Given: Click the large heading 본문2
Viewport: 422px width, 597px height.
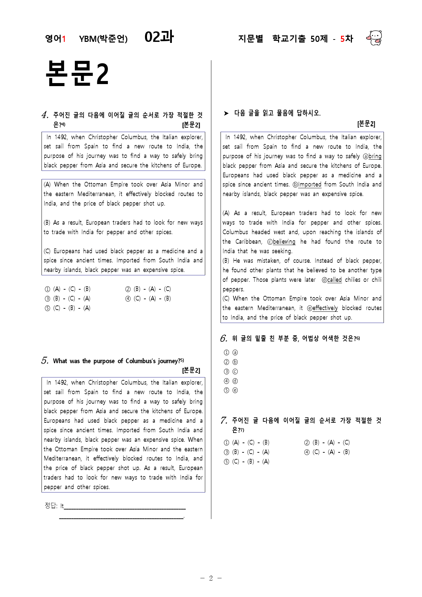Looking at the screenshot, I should coord(77,74).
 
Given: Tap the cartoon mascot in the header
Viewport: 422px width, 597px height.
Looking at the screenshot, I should coord(374,38).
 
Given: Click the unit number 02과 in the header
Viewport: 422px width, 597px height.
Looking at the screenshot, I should coord(159,37).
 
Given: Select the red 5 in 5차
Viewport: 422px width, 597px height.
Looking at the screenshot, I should coord(342,39).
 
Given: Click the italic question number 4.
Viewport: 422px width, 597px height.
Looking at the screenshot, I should coord(45,115).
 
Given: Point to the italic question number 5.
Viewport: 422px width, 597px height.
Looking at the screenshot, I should coord(45,361).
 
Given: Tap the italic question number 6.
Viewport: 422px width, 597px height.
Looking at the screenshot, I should coord(224,338).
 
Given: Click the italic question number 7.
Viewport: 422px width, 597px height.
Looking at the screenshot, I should coord(224,420).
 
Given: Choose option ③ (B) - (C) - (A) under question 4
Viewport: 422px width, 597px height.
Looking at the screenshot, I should coord(68,298).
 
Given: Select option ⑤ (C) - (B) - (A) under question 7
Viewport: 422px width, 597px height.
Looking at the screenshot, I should coord(247,462).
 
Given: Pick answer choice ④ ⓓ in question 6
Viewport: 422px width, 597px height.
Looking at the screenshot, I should coord(231,381).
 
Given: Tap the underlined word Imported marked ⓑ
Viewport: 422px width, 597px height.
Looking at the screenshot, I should coord(310,184).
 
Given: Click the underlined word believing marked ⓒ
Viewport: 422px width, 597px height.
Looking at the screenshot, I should coord(284,242).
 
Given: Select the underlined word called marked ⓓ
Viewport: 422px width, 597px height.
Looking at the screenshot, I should coord(334,280).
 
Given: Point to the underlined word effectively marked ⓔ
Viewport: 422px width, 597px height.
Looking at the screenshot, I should coord(325,308).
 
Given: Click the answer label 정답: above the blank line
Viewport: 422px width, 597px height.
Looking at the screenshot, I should coord(51,505).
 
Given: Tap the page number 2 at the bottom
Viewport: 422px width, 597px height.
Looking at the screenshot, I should coord(211,578).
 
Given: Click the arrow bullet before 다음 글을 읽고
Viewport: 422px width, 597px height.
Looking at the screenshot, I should coord(226,113).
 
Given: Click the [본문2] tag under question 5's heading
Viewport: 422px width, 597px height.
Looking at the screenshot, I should coord(191,370).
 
